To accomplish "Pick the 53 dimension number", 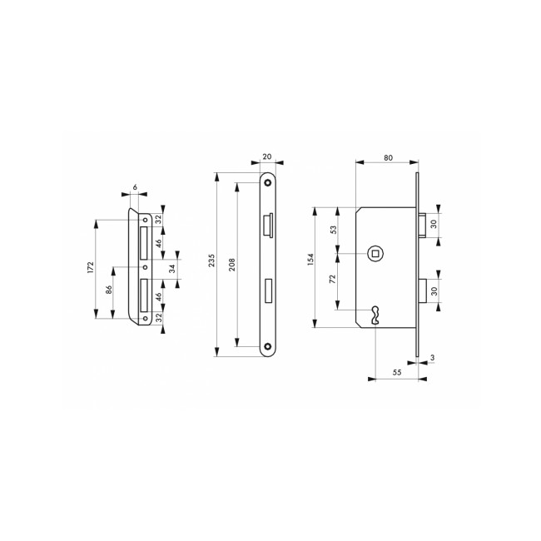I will point(334,230).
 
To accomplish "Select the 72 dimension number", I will point(334,281).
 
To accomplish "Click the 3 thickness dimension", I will point(433,359).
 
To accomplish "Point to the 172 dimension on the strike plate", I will point(91,268).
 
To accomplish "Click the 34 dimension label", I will point(172,268).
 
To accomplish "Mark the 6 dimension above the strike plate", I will point(135,188).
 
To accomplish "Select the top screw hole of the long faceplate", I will point(268,181).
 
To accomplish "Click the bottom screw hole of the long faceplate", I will point(268,347).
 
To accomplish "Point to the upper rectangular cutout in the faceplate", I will point(267,225).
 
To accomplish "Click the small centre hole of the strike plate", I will point(146,268).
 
